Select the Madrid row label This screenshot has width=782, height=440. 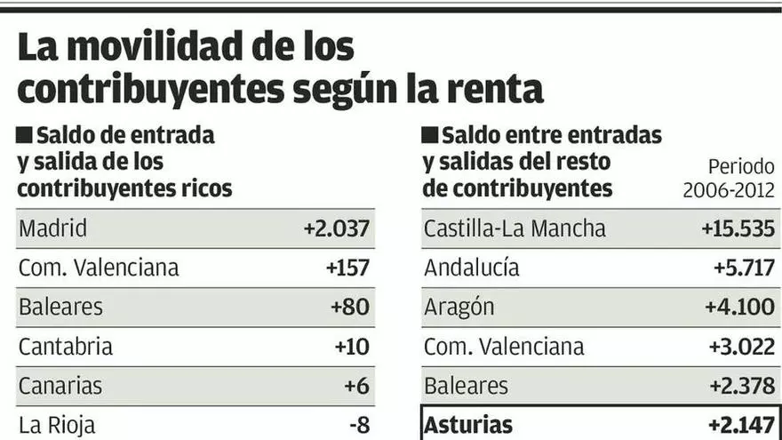53,228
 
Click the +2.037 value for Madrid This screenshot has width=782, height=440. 336,228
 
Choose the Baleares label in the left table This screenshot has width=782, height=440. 60,307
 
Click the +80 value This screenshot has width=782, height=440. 349,307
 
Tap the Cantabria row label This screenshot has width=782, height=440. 66,346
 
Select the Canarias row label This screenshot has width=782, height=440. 60,386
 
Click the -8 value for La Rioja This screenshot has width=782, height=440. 359,425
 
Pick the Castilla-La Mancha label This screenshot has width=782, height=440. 515,228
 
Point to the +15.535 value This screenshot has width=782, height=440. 738,228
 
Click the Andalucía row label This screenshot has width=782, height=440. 472,268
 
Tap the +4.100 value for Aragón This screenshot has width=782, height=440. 739,307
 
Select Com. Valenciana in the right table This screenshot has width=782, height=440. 504,346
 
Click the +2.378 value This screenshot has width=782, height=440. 739,386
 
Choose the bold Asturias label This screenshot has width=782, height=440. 468,425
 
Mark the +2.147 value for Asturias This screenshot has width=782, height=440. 739,425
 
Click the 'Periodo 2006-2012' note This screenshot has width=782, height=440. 729,178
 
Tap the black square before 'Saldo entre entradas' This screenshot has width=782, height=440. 430,136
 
